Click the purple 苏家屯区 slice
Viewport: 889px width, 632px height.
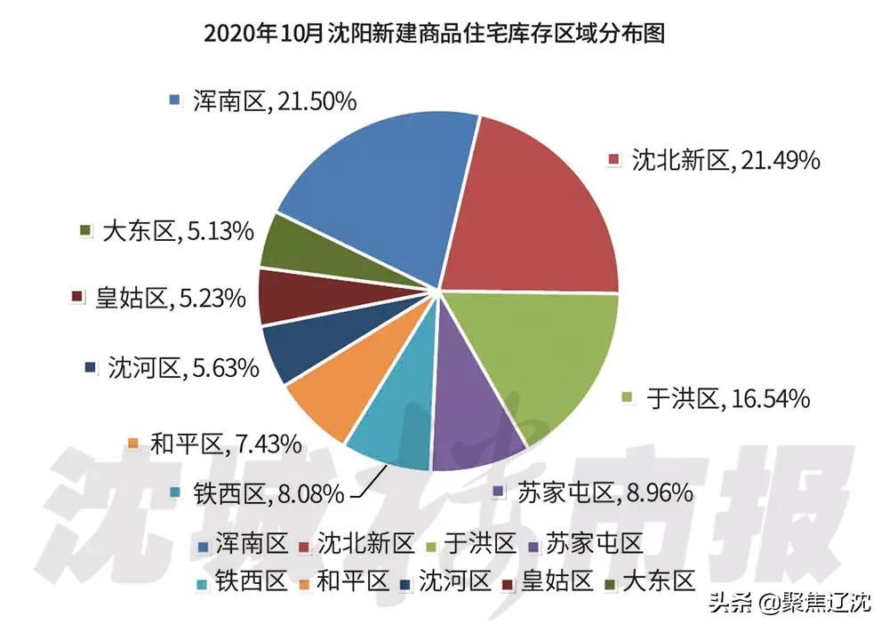(476, 418)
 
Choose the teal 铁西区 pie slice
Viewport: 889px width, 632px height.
(391, 427)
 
